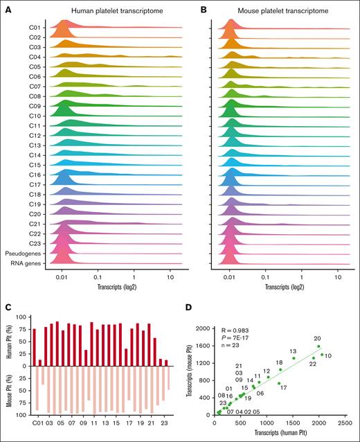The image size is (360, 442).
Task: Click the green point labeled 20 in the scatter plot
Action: (318, 346)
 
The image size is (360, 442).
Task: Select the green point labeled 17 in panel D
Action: (279, 383)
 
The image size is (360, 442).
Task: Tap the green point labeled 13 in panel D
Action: (293, 358)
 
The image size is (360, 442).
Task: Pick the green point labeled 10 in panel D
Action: (322, 355)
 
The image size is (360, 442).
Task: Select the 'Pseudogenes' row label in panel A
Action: (23, 254)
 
